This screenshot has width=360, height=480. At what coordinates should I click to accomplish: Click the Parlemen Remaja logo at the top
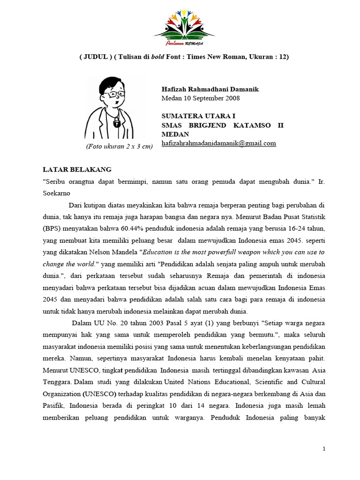(184, 29)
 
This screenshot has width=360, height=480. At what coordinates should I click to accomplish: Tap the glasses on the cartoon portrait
(113, 94)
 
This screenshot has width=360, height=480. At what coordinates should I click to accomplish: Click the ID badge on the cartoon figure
(116, 124)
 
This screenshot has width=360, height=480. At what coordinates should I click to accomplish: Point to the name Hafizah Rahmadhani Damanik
(210, 89)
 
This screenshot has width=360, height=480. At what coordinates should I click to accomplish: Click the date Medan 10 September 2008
(200, 98)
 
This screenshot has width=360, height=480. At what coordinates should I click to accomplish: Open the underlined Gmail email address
(218, 143)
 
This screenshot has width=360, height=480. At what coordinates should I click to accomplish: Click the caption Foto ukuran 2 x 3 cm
(119, 146)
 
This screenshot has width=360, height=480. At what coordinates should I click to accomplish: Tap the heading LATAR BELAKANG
(77, 169)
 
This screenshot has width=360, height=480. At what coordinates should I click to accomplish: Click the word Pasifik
(55, 405)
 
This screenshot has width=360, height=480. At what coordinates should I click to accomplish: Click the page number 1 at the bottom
(324, 449)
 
